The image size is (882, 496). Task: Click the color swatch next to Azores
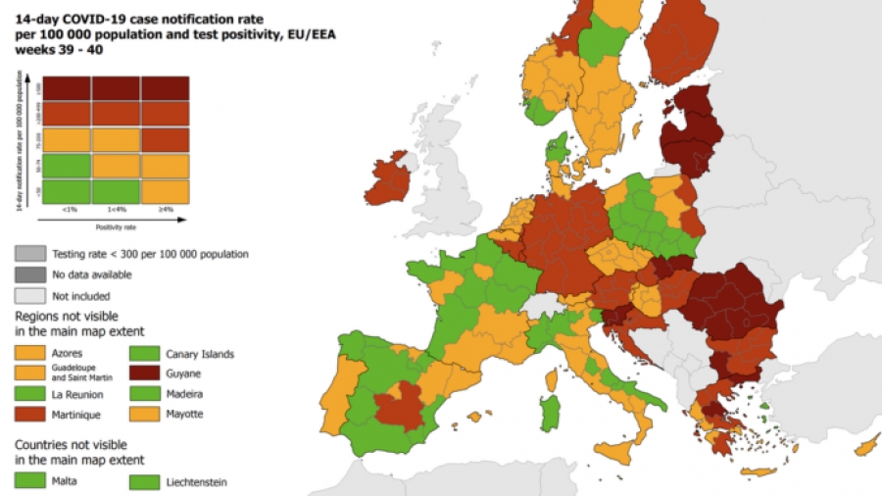point(29,353)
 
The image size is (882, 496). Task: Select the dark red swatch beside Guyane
point(144,373)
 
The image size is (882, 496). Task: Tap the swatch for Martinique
point(29,415)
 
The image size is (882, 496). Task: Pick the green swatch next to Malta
point(29,480)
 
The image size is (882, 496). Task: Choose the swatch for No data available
point(29,274)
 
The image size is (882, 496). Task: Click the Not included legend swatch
point(29,295)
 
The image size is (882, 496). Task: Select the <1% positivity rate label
point(69,208)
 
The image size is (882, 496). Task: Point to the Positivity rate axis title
point(116,226)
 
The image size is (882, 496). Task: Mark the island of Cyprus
point(867,446)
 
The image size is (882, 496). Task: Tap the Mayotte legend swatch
point(144,415)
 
